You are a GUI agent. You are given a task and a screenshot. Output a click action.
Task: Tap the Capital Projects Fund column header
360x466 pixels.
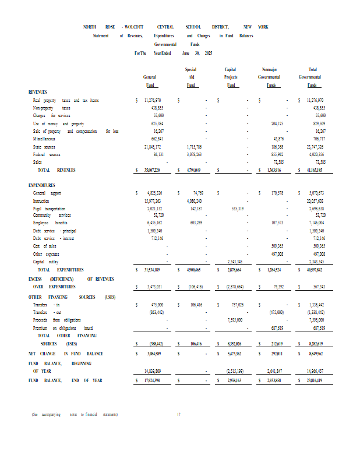click(231, 77)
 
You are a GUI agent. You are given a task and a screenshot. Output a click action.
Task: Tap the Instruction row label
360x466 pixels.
click(41, 200)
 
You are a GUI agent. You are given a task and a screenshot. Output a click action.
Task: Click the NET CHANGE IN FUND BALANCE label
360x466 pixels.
click(65, 354)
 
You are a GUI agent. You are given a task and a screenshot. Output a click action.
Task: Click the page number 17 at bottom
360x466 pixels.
click(179, 415)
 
